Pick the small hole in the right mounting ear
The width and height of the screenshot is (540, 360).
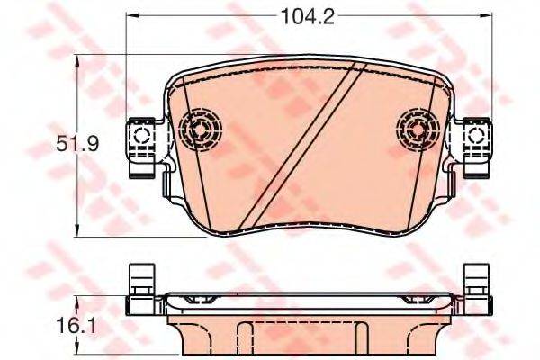tap(477, 137)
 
